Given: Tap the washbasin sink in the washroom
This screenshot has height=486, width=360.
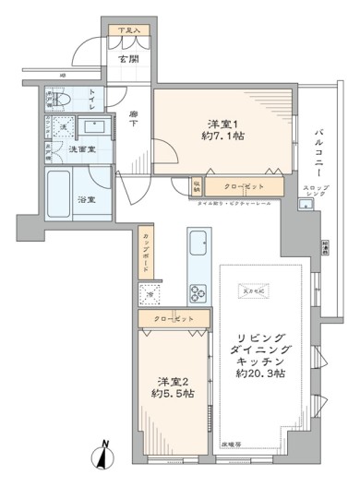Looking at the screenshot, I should [93, 127].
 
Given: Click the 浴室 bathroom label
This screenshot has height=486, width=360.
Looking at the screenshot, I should [94, 197].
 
